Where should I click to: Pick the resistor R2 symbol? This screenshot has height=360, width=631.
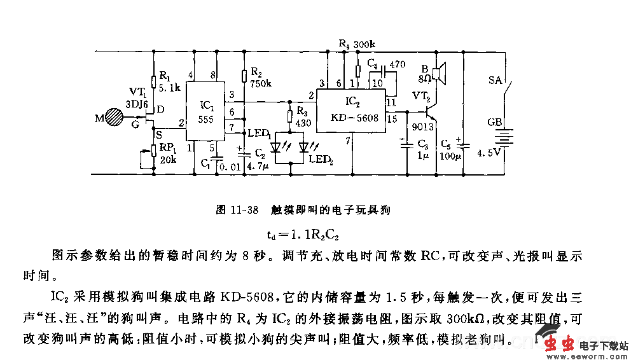243,76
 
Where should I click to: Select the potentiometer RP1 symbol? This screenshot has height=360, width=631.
154,151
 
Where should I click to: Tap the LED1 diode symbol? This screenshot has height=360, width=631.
276,146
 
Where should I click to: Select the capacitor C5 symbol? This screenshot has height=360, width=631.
464,147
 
